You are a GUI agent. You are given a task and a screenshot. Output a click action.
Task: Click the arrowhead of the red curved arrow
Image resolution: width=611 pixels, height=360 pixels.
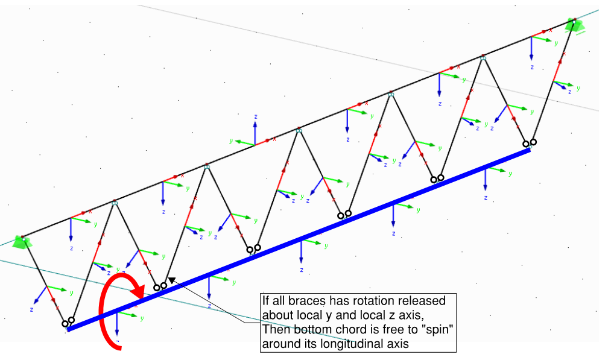point(138,291)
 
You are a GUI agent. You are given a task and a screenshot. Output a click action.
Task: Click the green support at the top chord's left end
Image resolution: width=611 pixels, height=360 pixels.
point(21,242)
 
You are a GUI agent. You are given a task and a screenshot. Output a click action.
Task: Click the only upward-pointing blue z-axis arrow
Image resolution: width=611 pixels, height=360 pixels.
point(255,133)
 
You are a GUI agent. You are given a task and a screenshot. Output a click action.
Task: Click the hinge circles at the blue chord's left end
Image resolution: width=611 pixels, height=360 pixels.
point(68,322)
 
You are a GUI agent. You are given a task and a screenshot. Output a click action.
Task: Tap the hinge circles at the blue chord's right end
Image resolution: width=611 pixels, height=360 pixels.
point(529,144)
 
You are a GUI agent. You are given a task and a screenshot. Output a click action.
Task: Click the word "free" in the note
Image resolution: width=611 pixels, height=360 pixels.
point(378,330)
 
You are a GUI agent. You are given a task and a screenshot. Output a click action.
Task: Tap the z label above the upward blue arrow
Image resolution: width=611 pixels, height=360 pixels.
point(256,116)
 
